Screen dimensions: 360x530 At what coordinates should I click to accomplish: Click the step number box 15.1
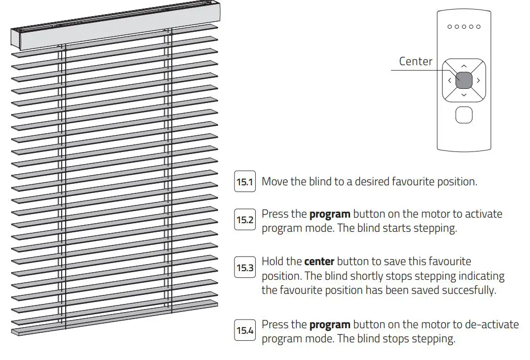click(245, 182)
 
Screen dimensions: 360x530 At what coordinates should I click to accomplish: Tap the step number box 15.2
click(245, 220)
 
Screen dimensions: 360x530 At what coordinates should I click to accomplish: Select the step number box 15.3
click(245, 268)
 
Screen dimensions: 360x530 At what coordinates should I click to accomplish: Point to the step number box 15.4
click(245, 331)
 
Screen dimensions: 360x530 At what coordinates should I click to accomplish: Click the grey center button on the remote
click(464, 80)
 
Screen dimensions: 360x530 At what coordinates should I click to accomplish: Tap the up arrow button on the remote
click(464, 66)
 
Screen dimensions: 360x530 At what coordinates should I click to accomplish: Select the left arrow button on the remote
click(449, 80)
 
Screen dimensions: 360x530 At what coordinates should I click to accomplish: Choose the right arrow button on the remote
click(478, 80)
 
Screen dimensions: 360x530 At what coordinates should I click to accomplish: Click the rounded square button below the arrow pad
click(464, 115)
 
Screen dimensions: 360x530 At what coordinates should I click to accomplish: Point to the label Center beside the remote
click(415, 61)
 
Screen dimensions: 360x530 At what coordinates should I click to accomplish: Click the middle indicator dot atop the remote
click(464, 27)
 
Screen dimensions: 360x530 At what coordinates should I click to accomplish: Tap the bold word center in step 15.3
click(319, 262)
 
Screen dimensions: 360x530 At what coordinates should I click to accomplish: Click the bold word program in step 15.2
click(329, 214)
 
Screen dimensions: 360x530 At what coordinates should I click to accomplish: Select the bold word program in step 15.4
click(329, 325)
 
